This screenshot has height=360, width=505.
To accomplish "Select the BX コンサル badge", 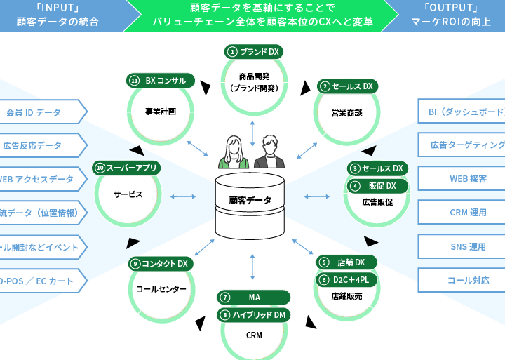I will point(160,80).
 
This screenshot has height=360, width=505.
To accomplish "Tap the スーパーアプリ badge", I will point(126,168).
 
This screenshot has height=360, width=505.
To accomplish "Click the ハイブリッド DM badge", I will point(253,315).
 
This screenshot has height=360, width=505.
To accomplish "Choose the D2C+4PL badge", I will point(346,279).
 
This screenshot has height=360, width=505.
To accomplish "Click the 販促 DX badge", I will point(377,185).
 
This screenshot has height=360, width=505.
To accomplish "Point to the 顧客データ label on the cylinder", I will point(250,200).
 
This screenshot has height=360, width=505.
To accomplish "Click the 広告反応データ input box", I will point(39,146).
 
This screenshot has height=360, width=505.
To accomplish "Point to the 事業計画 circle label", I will point(160,111).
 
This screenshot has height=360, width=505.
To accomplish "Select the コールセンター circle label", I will point(161,289).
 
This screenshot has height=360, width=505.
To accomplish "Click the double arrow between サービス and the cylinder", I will point(182,196).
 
